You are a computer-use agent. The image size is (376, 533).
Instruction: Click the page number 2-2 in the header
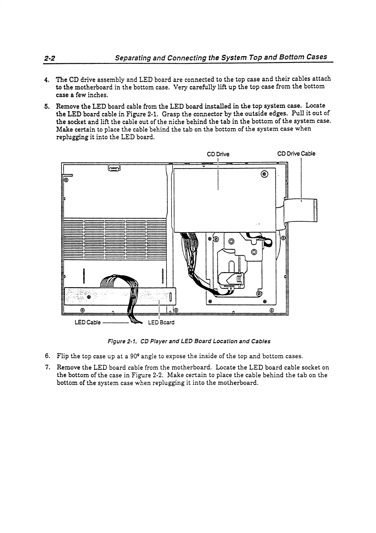point(50,59)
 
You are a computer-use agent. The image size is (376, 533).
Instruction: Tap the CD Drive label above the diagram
point(218,154)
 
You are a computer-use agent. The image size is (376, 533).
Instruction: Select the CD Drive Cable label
point(296,154)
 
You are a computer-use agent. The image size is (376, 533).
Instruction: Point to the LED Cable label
point(87,323)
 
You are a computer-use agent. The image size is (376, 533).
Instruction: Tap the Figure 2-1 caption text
point(189,341)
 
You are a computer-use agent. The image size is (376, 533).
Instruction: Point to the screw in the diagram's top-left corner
point(66,180)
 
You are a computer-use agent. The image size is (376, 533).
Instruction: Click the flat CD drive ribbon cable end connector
point(315,211)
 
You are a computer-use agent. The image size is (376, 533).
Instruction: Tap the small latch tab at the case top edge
point(114,168)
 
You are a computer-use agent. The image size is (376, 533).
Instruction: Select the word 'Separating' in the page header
point(132,58)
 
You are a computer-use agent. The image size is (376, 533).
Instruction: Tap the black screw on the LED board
point(89,297)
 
